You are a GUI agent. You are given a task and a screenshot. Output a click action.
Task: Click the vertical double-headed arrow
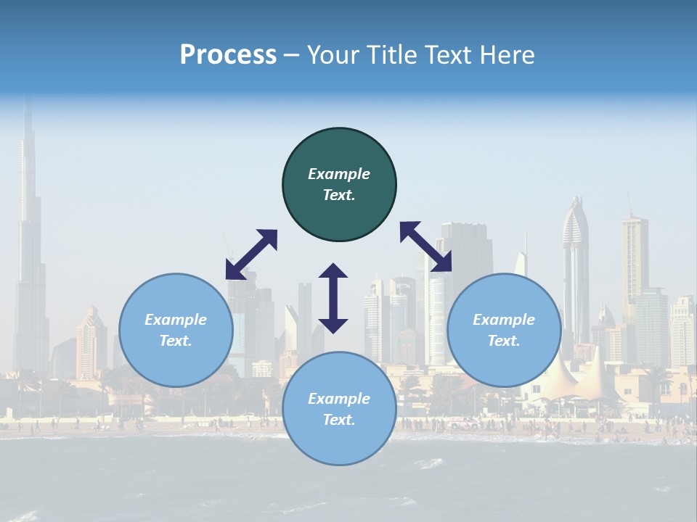[x=333, y=297]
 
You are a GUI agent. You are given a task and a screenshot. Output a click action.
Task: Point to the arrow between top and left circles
[x=251, y=254]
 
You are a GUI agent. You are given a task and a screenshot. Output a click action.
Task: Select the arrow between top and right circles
[x=426, y=246]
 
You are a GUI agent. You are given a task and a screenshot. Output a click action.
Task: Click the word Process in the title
[x=228, y=55]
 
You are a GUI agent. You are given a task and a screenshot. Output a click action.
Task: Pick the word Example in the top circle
[x=339, y=174]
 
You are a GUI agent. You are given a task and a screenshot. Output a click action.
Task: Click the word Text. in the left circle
[x=176, y=341]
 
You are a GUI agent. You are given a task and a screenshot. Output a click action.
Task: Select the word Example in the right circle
[x=504, y=320]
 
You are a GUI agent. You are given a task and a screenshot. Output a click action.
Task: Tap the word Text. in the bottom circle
[x=339, y=420]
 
